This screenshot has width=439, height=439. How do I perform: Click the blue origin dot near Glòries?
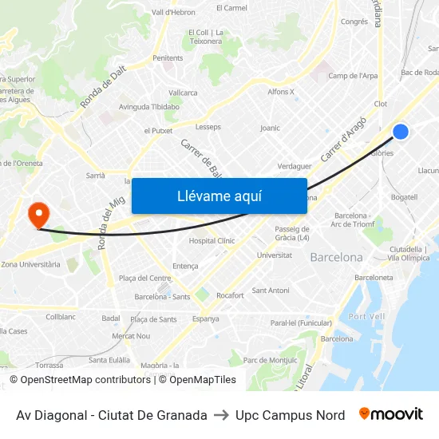401,132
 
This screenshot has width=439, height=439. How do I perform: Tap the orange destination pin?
38,214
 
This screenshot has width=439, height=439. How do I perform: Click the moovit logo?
391,414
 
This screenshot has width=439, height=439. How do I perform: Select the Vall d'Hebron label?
173,12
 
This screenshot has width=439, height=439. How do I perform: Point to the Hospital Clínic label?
212,240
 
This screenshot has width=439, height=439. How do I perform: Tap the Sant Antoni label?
271,291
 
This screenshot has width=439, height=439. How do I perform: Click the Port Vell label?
367,316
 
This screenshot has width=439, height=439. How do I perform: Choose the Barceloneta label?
374,278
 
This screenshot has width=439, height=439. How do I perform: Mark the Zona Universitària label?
30,264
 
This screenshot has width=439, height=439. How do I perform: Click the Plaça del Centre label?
144,279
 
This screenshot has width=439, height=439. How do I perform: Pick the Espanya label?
205,318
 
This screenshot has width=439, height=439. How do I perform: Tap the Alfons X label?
281,92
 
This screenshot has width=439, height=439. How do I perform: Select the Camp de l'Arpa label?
353,76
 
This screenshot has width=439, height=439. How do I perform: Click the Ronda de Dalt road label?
103,87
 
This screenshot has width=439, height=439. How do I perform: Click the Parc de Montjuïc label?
270,360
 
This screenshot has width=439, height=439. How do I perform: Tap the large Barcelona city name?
336,258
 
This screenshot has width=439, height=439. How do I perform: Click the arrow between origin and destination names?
221,415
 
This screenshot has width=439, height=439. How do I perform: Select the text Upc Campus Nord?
291,415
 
